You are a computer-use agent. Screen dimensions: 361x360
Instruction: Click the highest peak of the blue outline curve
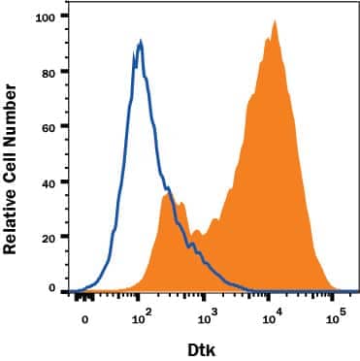141,41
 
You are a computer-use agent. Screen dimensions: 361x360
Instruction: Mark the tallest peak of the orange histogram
275,21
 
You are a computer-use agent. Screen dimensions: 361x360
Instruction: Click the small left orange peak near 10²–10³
170,194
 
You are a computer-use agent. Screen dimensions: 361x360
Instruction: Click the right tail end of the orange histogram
335,288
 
